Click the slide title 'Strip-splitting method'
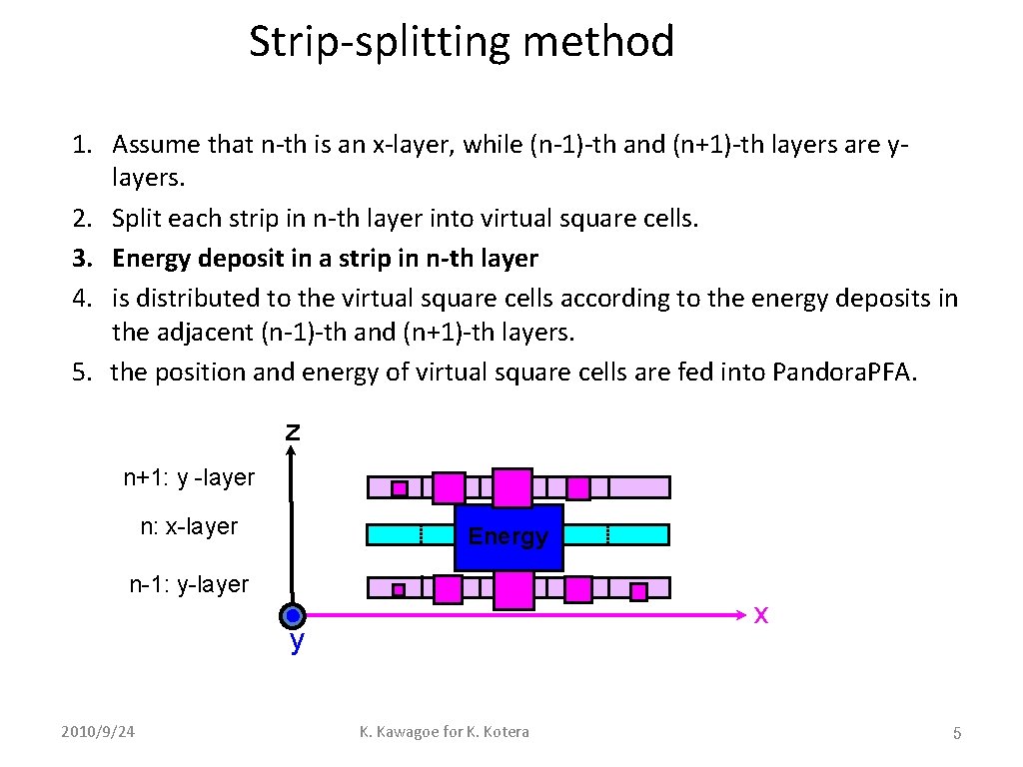[x=462, y=42]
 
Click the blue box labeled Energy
[x=509, y=536]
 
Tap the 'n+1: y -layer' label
[x=189, y=478]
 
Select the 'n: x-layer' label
[x=189, y=526]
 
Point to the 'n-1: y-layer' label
[x=189, y=584]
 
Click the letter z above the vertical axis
[x=292, y=432]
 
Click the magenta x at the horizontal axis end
[x=761, y=614]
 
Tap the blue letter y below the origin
[x=297, y=642]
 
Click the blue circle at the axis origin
[x=292, y=616]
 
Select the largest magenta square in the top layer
[x=512, y=487]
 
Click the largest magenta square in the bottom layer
[x=513, y=589]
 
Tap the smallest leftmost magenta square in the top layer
[x=399, y=488]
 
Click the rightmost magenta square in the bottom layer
[x=638, y=591]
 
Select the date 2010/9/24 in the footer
[x=97, y=732]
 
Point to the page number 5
[x=956, y=734]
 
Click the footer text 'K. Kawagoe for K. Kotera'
[x=445, y=732]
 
